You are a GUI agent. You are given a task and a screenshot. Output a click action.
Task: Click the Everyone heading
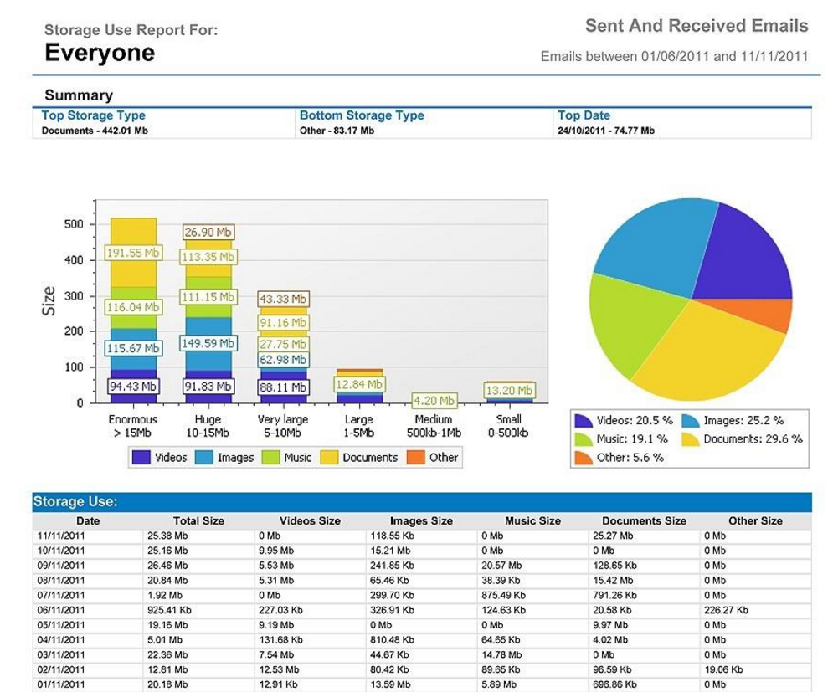pyautogui.click(x=100, y=54)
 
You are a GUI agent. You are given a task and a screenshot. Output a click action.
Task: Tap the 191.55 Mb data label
pyautogui.click(x=133, y=253)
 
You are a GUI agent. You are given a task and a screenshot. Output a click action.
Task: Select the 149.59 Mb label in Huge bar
pyautogui.click(x=208, y=344)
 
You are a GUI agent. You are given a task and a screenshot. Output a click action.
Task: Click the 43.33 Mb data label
pyautogui.click(x=283, y=299)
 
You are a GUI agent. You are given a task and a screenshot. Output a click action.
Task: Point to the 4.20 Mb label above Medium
pyautogui.click(x=434, y=401)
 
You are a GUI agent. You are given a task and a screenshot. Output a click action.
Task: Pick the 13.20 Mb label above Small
pyautogui.click(x=510, y=391)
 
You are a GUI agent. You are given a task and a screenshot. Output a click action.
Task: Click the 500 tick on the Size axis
pyautogui.click(x=74, y=224)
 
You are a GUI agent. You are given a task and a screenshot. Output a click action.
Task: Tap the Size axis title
pyautogui.click(x=49, y=301)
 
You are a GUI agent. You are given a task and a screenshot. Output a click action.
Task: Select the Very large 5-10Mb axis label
pyautogui.click(x=283, y=426)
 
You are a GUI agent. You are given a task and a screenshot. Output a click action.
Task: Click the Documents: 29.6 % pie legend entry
pyautogui.click(x=742, y=439)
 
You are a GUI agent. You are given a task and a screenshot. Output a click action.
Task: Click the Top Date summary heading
pyautogui.click(x=584, y=116)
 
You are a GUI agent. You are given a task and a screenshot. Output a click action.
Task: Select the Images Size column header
pyautogui.click(x=421, y=520)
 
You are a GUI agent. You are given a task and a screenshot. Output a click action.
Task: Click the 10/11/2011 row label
pyautogui.click(x=60, y=551)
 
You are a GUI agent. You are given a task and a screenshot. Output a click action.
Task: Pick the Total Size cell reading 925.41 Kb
pyautogui.click(x=169, y=611)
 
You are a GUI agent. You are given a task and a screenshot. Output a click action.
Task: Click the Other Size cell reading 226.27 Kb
pyautogui.click(x=726, y=611)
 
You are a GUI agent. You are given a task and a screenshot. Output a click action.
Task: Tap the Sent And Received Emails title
pyautogui.click(x=697, y=26)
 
